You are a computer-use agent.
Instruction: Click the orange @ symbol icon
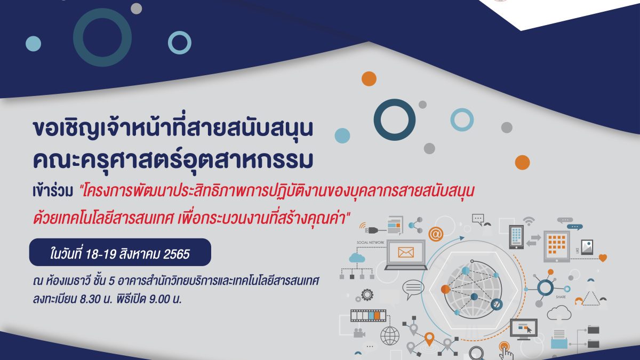point(435,234)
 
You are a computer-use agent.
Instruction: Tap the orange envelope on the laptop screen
point(406,253)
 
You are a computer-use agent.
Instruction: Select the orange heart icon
point(603,258)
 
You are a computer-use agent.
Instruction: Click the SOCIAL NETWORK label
point(370,242)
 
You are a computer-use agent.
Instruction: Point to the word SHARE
point(561,297)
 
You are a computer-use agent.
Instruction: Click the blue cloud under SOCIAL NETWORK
point(357,258)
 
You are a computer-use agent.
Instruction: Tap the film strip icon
point(369,315)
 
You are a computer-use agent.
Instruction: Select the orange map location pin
point(429,339)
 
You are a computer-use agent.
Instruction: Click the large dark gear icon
point(367,294)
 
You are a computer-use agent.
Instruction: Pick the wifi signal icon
point(529,220)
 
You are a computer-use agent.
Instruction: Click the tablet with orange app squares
point(557,246)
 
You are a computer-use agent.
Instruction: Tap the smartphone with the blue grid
point(516,237)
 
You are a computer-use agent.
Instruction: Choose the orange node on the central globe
point(445,289)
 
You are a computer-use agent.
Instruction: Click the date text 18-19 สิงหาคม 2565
point(137,254)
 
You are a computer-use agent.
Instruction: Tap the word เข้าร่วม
point(53,191)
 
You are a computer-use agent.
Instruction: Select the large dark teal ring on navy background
point(102,37)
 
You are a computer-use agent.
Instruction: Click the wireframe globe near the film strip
point(390,335)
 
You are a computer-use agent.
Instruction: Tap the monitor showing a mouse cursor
point(524,329)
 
